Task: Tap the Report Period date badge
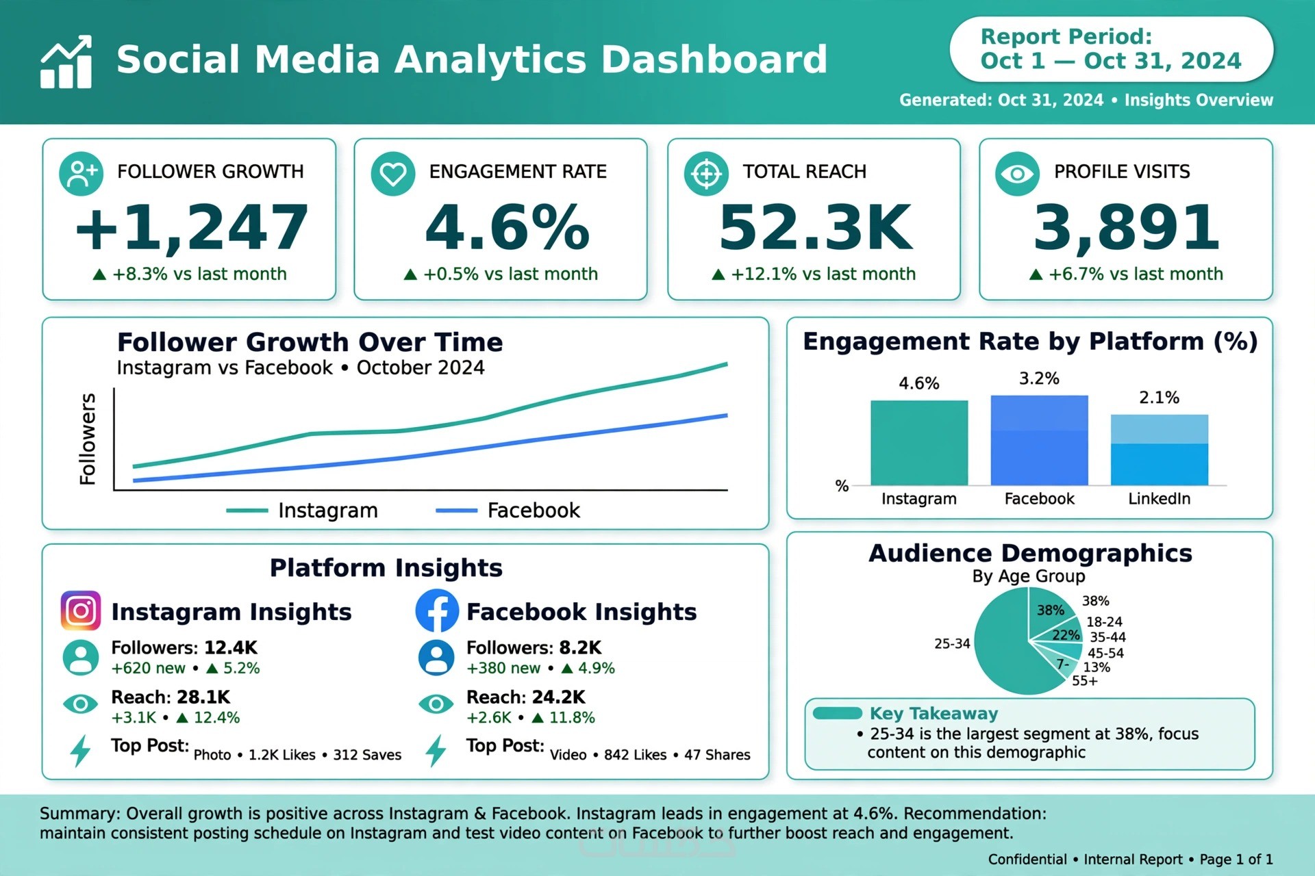[1111, 49]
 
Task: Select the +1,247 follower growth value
[192, 227]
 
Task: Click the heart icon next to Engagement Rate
[393, 174]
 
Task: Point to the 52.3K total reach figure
[816, 227]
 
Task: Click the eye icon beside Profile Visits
[1017, 174]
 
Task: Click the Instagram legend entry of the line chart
[302, 511]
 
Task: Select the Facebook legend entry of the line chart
[508, 511]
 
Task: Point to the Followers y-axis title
[88, 439]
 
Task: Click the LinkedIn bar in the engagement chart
[1159, 450]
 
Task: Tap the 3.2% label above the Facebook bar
[1039, 378]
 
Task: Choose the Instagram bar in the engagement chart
[919, 443]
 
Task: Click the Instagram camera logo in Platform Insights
[81, 610]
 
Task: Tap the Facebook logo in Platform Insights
[437, 610]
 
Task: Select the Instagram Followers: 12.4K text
[184, 647]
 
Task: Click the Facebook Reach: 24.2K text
[526, 697]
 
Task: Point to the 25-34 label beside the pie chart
[952, 643]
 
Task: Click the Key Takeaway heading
[934, 714]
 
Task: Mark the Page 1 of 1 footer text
[1236, 860]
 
